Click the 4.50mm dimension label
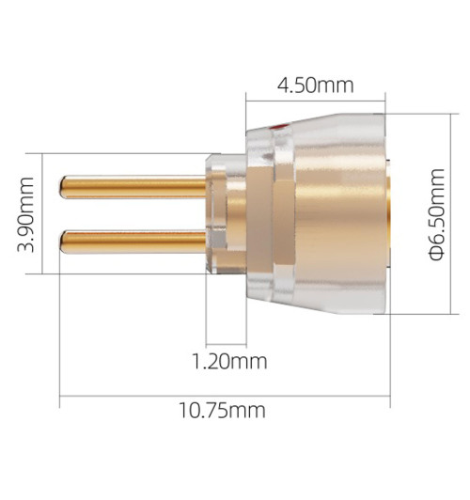315,86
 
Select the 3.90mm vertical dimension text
28,213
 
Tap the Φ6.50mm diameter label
437,215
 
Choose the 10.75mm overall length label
223,411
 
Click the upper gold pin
132,187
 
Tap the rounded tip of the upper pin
63,187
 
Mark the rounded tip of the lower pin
63,242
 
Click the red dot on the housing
276,125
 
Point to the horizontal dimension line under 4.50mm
315,101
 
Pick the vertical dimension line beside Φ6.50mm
456,215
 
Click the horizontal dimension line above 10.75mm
223,396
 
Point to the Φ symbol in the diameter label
437,252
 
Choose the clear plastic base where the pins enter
213,215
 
